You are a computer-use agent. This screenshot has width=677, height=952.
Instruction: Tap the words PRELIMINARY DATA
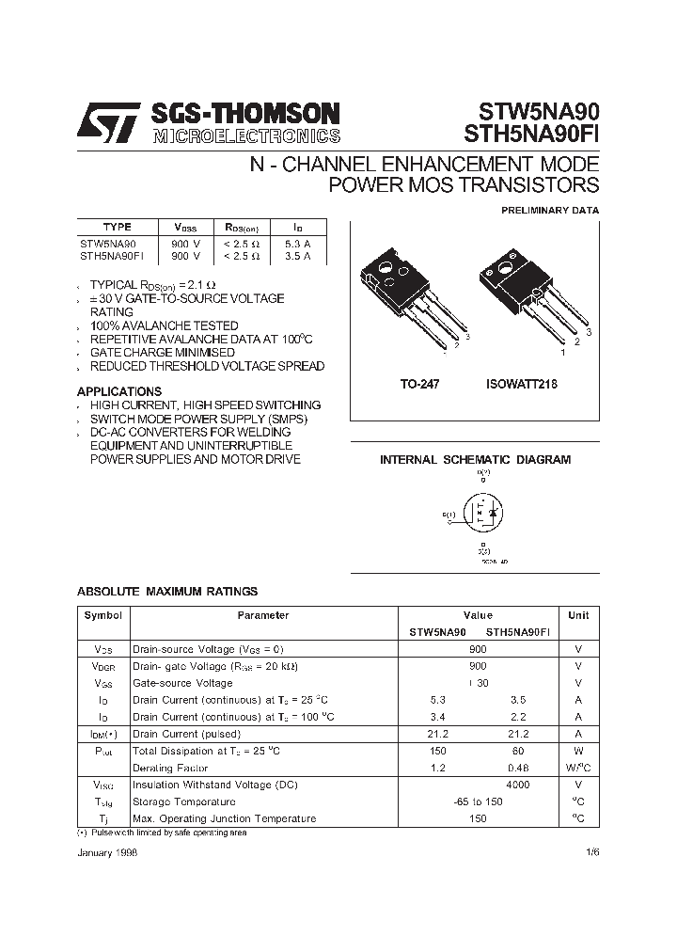click(x=549, y=211)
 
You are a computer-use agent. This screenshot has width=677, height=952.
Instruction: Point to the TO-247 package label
click(x=419, y=385)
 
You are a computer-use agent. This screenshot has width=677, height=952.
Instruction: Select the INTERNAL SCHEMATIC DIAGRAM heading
click(x=475, y=460)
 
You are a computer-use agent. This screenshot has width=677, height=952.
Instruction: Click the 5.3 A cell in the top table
click(x=298, y=243)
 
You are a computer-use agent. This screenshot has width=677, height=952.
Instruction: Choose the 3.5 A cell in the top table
click(x=298, y=255)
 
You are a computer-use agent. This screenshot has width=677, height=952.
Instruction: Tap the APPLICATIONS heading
click(x=118, y=391)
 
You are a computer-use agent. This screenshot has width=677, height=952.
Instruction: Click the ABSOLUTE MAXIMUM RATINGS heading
click(x=166, y=592)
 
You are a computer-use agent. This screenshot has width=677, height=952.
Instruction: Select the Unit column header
click(x=578, y=615)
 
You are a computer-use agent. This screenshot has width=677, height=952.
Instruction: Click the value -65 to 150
click(x=478, y=801)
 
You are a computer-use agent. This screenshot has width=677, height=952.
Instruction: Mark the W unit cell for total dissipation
click(x=578, y=751)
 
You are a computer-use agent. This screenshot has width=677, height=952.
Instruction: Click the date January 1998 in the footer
click(x=106, y=849)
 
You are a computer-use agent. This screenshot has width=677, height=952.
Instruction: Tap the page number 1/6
click(x=590, y=849)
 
